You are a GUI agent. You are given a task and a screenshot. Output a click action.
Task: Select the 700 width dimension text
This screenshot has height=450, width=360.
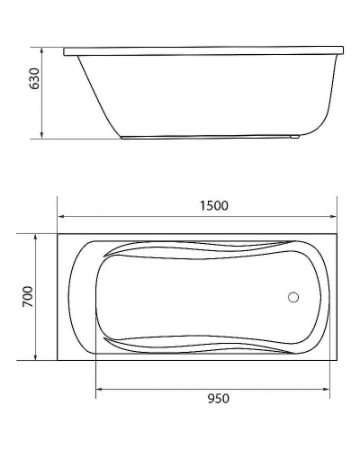point(27,295)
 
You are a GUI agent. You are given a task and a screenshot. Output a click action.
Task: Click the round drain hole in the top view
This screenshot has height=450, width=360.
point(292,296)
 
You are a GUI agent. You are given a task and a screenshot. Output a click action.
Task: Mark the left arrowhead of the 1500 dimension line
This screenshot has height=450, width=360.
point(62,217)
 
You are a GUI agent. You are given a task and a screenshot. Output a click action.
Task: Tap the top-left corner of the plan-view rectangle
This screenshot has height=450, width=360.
point(59,234)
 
